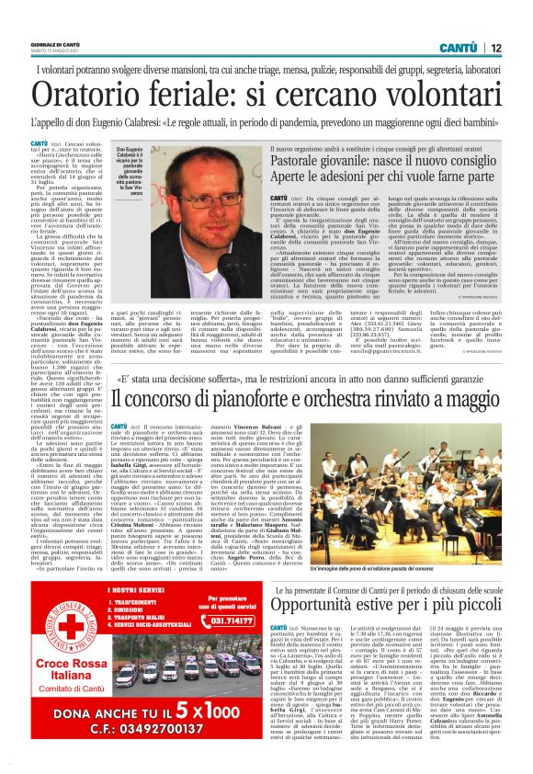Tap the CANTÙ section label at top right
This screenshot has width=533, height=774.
(x=456, y=47)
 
